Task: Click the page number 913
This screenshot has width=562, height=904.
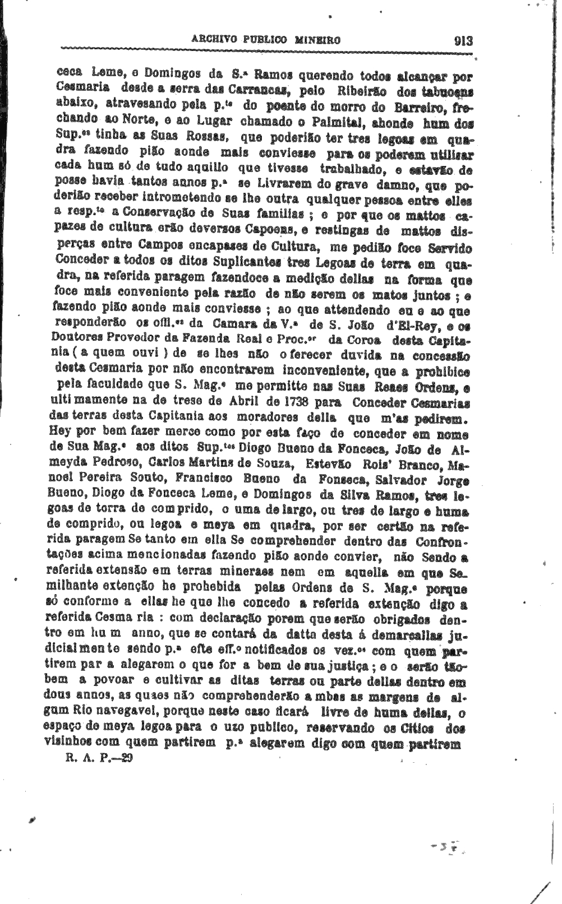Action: pyautogui.click(x=463, y=41)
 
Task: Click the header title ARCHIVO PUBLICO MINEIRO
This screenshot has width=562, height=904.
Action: pyautogui.click(x=266, y=40)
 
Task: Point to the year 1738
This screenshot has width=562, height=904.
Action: pyautogui.click(x=298, y=403)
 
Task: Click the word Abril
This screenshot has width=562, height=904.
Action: pyautogui.click(x=244, y=403)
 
